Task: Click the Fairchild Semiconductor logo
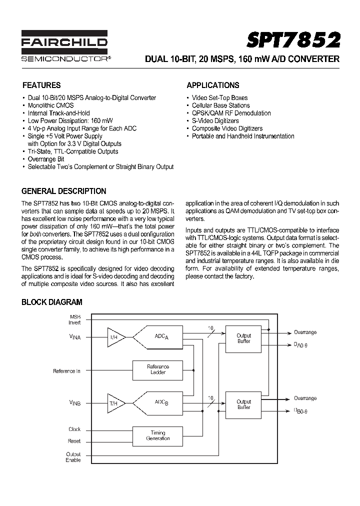click(65, 47)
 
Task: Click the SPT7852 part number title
click(294, 39)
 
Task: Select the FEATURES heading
click(41, 85)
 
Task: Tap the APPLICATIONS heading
click(212, 85)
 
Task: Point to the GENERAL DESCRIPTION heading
click(63, 191)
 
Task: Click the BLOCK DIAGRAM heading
click(51, 302)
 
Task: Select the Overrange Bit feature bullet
click(46, 159)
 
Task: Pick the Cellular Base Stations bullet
click(220, 105)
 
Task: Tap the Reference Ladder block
click(158, 369)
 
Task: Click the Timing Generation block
click(158, 435)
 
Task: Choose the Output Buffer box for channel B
click(243, 404)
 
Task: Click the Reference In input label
click(66, 371)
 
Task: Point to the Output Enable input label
click(73, 457)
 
